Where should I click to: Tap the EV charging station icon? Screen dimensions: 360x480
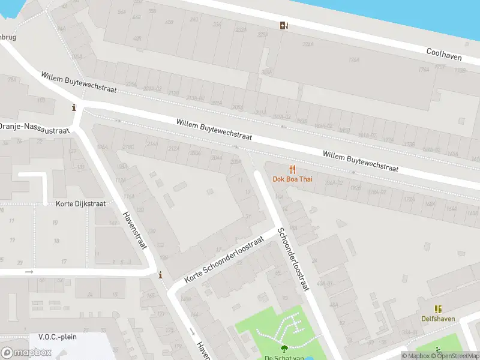tap(284, 25)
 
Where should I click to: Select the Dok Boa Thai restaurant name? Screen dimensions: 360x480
tap(292, 179)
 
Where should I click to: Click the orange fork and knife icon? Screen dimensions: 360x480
tap(292, 169)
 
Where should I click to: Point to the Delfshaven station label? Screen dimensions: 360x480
tap(438, 319)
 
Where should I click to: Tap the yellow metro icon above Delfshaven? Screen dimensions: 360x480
tap(438, 309)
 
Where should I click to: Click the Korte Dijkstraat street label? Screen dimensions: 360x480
tap(80, 204)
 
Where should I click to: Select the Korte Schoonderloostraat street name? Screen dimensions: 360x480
tap(224, 260)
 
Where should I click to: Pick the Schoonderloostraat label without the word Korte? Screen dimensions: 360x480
tap(292, 259)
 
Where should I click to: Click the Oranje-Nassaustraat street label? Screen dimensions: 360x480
tap(34, 127)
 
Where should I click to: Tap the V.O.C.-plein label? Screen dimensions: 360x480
tap(58, 337)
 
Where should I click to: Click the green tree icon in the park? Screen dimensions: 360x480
tap(283, 348)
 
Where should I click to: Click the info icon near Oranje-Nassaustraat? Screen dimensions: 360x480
tap(74, 108)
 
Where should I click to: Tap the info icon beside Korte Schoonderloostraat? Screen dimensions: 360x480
tap(160, 275)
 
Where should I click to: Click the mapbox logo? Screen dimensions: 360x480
tap(26, 353)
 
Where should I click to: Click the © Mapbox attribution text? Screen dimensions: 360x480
tap(418, 356)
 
